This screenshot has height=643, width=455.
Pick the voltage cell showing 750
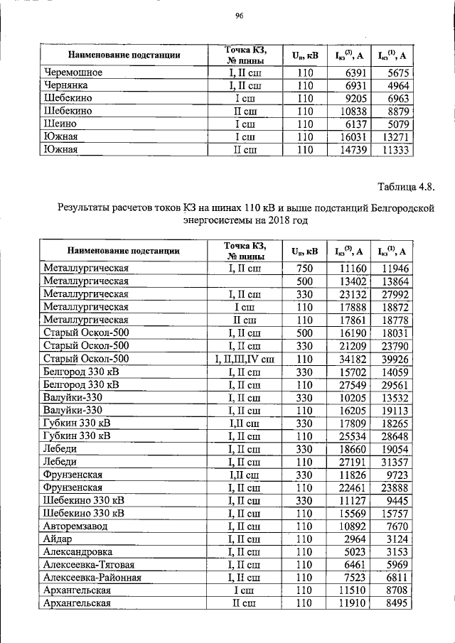(x=305, y=269)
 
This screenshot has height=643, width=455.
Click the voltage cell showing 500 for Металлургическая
(x=305, y=281)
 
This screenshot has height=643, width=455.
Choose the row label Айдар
(x=58, y=539)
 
